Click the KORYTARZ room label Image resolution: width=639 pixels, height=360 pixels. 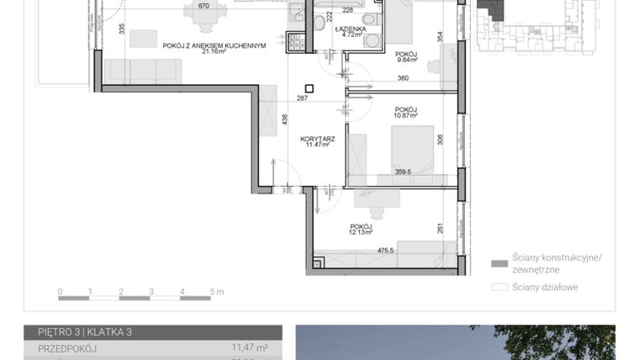point(320,138)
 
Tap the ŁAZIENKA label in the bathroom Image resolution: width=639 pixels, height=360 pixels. point(347,29)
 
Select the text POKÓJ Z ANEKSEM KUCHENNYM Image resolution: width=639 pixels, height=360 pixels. point(214,45)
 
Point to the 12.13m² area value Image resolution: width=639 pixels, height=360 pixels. point(362,233)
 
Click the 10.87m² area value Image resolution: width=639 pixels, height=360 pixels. point(406,115)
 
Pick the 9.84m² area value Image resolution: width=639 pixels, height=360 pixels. point(406,61)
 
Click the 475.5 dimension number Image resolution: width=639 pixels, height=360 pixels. point(387,250)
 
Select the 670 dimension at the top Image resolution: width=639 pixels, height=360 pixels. point(203,6)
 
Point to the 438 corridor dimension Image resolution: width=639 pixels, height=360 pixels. point(285,120)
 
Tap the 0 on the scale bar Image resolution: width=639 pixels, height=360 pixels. point(60,292)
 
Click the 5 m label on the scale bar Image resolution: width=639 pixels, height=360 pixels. point(216,292)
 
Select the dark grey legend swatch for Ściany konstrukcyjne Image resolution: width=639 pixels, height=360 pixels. point(499,262)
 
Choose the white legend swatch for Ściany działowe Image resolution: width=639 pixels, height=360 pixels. point(499,287)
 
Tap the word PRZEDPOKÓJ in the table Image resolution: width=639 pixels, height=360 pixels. point(67,347)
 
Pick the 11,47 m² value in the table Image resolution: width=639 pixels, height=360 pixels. point(250,347)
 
